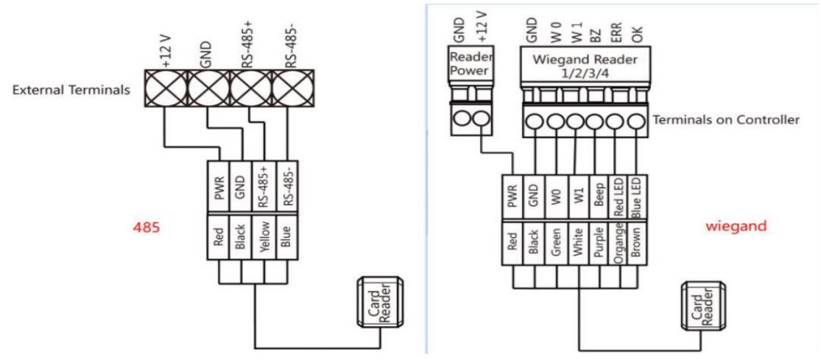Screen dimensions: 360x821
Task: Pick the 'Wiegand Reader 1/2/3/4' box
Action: point(585,67)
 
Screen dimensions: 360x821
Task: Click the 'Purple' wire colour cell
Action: point(599,243)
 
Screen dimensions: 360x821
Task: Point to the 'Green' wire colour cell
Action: point(556,243)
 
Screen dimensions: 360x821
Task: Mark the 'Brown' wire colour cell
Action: point(638,243)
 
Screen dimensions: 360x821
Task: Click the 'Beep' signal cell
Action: point(599,197)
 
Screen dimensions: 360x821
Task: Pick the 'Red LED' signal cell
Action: point(619,197)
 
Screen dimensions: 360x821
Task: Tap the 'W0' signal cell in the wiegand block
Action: point(556,197)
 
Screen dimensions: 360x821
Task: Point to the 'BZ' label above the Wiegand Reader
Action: point(597,35)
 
